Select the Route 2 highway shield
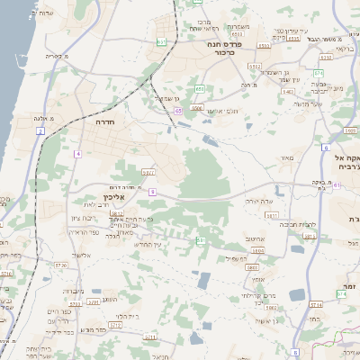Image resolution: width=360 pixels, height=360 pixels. click(x=40, y=131)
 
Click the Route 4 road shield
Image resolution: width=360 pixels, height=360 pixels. click(x=78, y=154)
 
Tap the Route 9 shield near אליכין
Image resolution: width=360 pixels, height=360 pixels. click(x=153, y=192)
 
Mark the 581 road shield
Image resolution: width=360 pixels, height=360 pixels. click(x=201, y=240)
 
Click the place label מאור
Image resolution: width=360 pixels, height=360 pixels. click(x=287, y=158)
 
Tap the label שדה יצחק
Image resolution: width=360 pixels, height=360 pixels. click(x=257, y=202)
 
